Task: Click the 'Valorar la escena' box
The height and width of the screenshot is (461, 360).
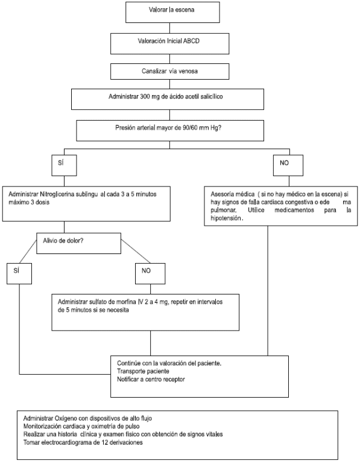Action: pyautogui.click(x=172, y=12)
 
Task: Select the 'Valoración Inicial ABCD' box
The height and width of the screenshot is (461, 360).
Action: pyautogui.click(x=170, y=43)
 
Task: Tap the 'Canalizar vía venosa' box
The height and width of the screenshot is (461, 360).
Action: pyautogui.click(x=170, y=71)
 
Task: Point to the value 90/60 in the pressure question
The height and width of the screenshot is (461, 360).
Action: pyautogui.click(x=188, y=128)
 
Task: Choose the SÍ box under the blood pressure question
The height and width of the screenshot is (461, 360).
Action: pyautogui.click(x=64, y=165)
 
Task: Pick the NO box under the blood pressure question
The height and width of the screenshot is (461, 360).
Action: pyautogui.click(x=288, y=165)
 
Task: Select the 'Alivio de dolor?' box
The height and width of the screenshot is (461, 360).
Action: pyautogui.click(x=78, y=243)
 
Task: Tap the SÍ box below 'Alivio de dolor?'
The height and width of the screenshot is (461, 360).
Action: pyautogui.click(x=19, y=273)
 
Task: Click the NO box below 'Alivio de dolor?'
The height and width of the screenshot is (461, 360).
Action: pyautogui.click(x=150, y=273)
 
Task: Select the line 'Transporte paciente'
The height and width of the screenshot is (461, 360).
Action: pyautogui.click(x=143, y=371)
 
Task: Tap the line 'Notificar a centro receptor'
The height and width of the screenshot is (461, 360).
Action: pyautogui.click(x=151, y=380)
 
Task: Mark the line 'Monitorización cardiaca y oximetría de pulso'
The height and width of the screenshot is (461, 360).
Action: pyautogui.click(x=81, y=427)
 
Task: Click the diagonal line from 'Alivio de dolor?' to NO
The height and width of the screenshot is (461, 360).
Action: pyautogui.click(x=136, y=252)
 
